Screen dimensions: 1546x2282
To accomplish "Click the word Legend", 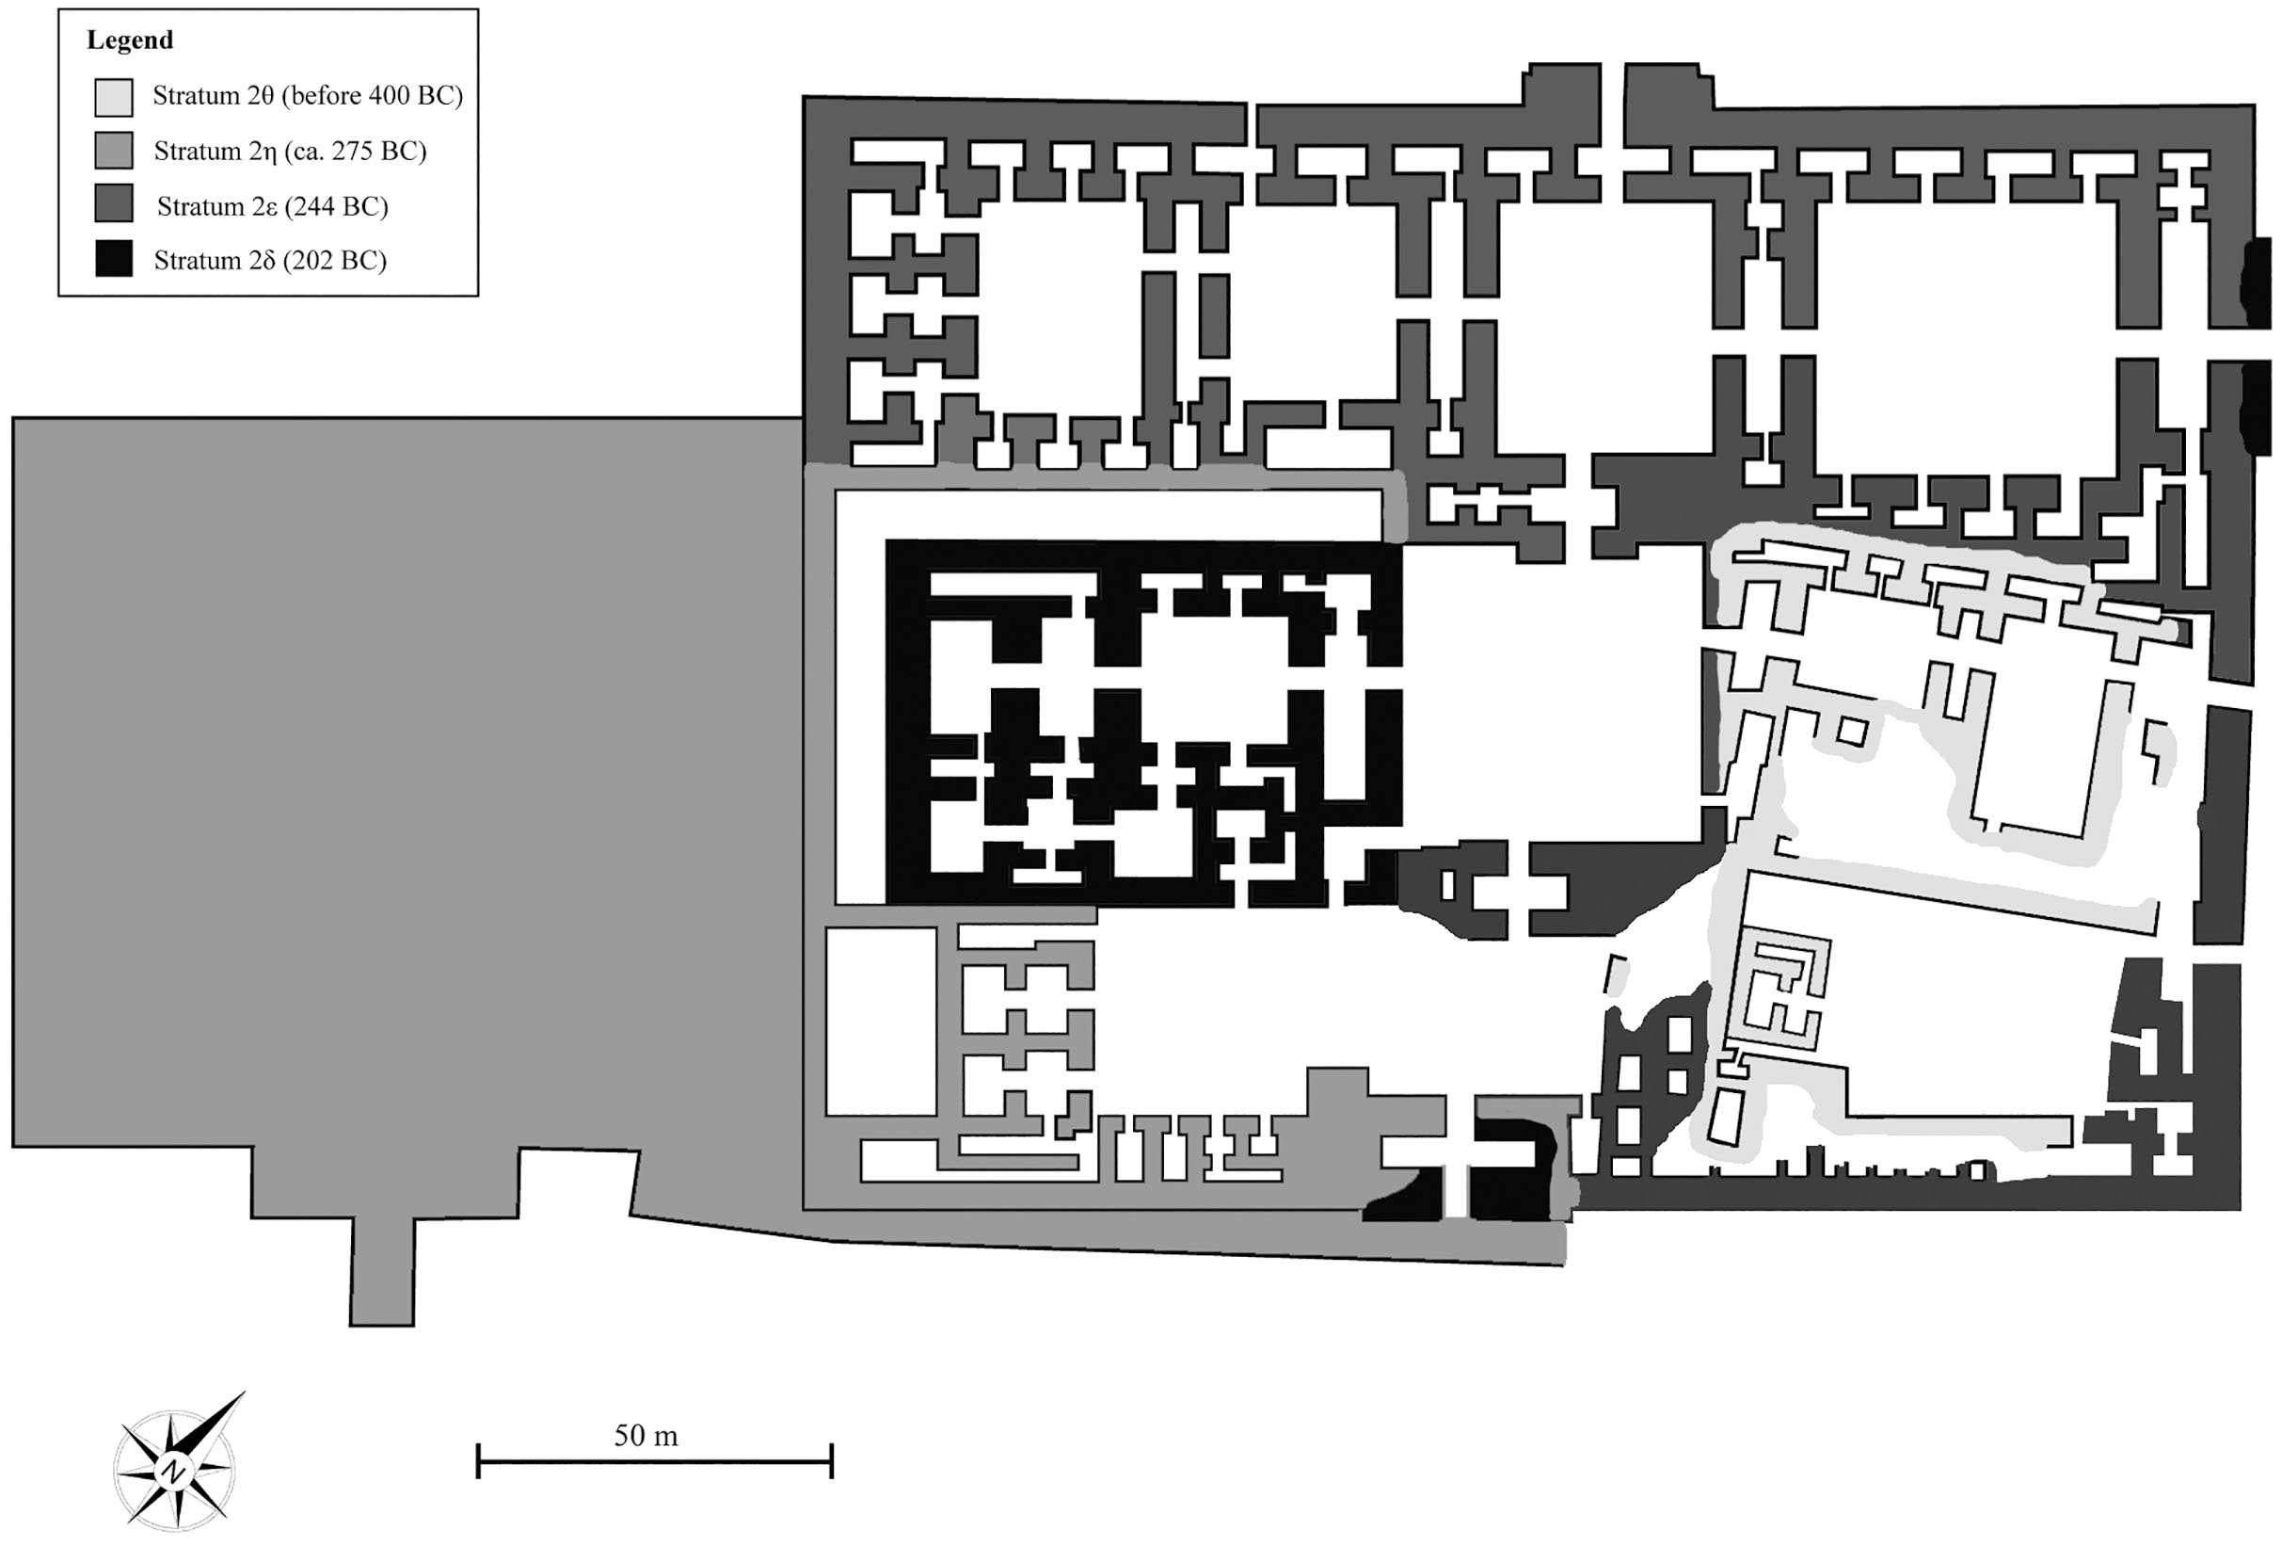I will [130, 40].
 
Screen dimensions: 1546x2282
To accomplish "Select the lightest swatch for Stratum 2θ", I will [114, 97].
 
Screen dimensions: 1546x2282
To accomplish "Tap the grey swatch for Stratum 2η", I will [114, 152].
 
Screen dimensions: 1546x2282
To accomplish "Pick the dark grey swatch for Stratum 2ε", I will [114, 204].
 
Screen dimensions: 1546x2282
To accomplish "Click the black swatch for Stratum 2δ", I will [114, 259].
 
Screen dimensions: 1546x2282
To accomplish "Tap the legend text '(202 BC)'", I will [338, 260].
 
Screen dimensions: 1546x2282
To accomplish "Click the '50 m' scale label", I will [646, 1436].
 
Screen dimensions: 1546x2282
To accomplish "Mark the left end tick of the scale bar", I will [478, 1460].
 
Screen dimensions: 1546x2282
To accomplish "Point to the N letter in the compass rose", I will [174, 1472].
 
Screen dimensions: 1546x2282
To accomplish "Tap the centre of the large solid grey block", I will [412, 786].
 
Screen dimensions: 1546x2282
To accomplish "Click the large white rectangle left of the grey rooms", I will [881, 1022].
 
